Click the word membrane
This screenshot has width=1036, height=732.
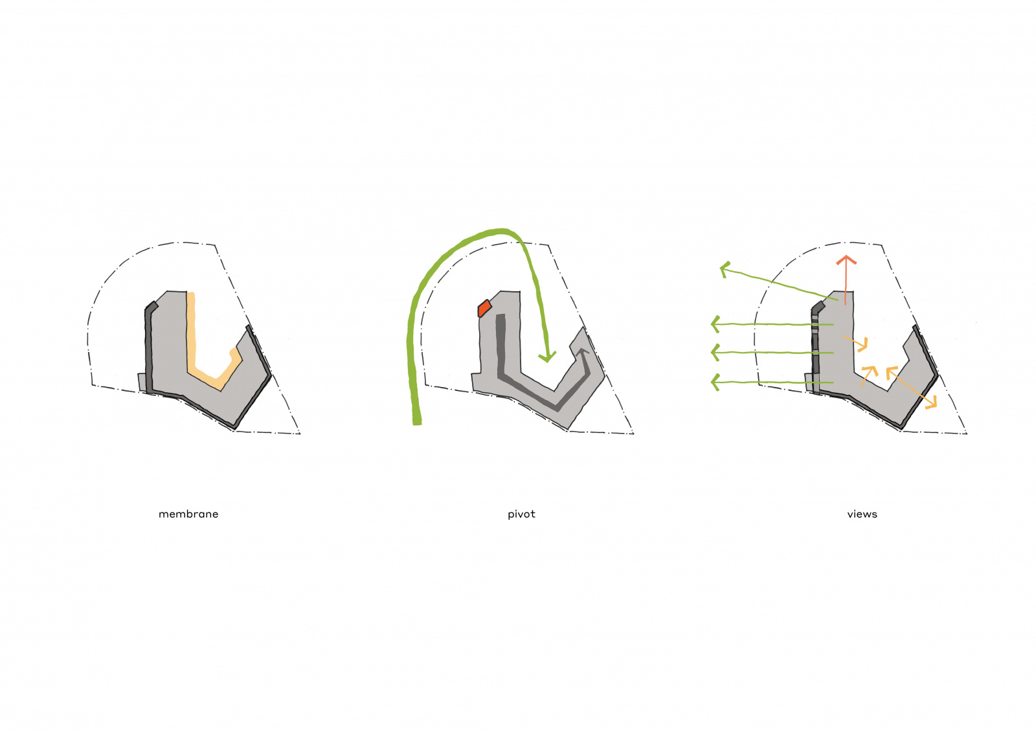click(x=188, y=514)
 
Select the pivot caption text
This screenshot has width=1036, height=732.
click(x=521, y=514)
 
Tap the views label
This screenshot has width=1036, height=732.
click(x=862, y=514)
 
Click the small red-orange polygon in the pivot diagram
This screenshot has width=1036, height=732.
click(x=484, y=308)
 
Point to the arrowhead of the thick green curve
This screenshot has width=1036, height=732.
click(x=547, y=357)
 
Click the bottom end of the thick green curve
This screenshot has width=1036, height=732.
click(x=417, y=422)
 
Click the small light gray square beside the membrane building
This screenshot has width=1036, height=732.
click(x=142, y=382)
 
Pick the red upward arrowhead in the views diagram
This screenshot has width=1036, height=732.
click(x=846, y=260)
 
